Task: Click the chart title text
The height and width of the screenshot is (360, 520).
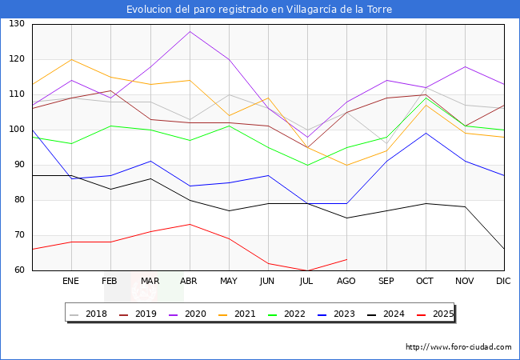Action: (x=260, y=10)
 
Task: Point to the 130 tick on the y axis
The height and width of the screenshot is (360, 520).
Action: (x=17, y=24)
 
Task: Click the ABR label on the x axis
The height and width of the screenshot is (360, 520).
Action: (x=189, y=282)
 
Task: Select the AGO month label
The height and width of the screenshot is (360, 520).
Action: (x=346, y=282)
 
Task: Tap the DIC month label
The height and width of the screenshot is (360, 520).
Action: (x=503, y=282)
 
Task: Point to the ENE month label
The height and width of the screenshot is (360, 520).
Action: (x=70, y=282)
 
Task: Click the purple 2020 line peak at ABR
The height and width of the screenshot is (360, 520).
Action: (x=190, y=31)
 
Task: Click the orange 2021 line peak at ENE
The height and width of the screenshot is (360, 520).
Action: (x=71, y=59)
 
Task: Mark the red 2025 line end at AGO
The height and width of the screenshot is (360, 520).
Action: (x=346, y=259)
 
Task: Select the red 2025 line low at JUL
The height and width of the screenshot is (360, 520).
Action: (x=307, y=270)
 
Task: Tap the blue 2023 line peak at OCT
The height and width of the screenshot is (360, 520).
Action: (x=425, y=133)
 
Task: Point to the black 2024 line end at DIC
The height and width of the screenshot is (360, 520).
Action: (x=503, y=249)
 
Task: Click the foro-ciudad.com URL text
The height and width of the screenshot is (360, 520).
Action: (x=458, y=347)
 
